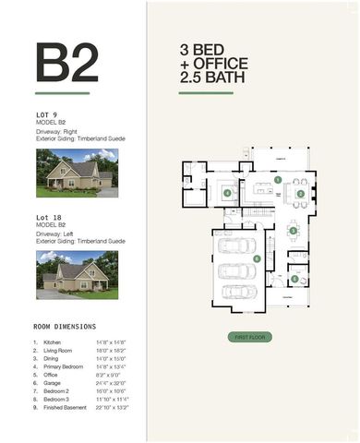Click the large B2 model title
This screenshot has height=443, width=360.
coord(66,62)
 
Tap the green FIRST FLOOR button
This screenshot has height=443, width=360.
coord(248,337)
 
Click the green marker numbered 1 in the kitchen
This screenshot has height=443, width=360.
coord(277,179)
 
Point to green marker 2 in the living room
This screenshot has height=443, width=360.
coord(301,194)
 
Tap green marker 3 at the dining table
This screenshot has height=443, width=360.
coord(293,230)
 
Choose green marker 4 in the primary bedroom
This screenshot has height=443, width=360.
coord(227,193)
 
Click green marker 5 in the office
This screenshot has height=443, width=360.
coord(294,278)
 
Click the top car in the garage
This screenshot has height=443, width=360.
coord(238,245)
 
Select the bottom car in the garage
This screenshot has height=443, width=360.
coord(238,292)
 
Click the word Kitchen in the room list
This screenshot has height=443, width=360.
coord(53,342)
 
